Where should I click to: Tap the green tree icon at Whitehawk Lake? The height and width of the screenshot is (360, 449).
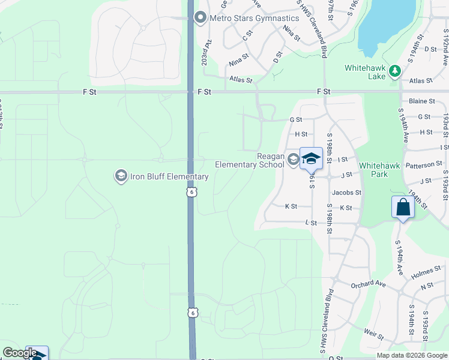pos(394,72)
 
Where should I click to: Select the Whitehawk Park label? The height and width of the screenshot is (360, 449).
pos(381,170)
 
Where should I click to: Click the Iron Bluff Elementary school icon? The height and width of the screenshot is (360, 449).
pos(120,176)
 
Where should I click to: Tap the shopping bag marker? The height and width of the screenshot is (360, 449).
pos(403,207)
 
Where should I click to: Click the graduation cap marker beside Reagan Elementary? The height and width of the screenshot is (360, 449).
pos(311,159)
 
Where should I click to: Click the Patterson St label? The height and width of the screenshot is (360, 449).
pos(424,164)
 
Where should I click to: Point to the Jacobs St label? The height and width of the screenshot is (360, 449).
pos(347,193)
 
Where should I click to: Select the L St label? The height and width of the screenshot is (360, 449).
pos(311,223)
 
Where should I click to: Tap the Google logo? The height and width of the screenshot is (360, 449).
pos(20,353)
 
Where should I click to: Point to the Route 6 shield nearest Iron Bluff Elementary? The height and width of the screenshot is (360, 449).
pos(191,191)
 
